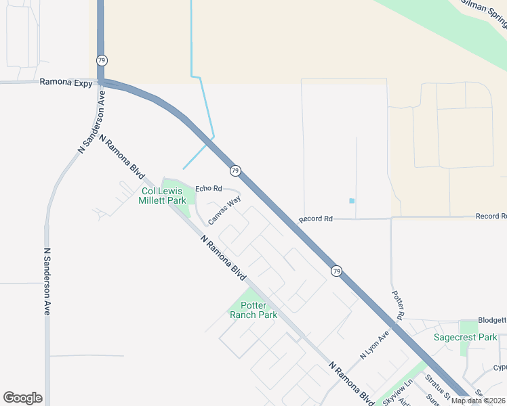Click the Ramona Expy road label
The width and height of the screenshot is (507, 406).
[66, 83]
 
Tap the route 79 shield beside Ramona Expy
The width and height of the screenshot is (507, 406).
[100, 60]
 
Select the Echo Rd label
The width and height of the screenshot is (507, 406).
[209, 188]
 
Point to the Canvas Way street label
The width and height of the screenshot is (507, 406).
[224, 210]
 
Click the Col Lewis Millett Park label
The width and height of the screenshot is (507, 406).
[162, 196]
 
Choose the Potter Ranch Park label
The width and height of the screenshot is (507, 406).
[254, 310]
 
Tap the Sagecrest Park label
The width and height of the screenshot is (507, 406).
[466, 337]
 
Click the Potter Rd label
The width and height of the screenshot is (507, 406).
[399, 306]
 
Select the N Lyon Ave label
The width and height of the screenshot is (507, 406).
[375, 344]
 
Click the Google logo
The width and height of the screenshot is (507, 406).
[22, 398]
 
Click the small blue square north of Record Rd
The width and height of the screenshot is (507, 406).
[351, 200]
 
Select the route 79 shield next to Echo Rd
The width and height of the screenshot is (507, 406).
[235, 171]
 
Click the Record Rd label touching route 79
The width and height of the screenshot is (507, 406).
[316, 219]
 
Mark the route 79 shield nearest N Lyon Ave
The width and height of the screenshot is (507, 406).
[336, 271]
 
